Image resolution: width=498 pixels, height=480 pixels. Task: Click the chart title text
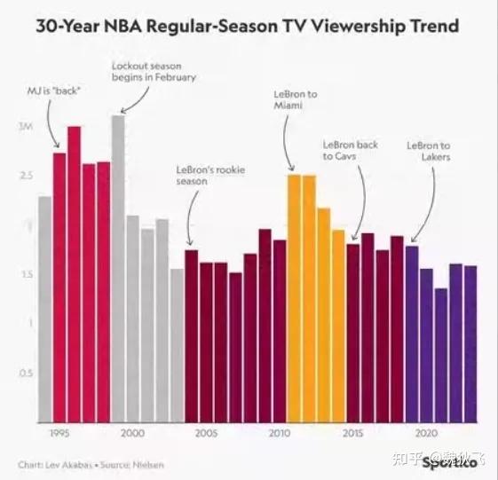248,26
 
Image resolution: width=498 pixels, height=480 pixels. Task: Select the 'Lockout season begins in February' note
153,71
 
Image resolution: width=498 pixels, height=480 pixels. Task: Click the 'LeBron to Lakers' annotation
429,151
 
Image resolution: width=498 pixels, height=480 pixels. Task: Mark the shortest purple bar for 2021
441,354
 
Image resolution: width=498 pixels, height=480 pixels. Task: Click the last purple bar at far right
470,342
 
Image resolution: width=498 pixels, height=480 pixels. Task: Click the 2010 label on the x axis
279,433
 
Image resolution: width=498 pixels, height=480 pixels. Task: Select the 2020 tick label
426,433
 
